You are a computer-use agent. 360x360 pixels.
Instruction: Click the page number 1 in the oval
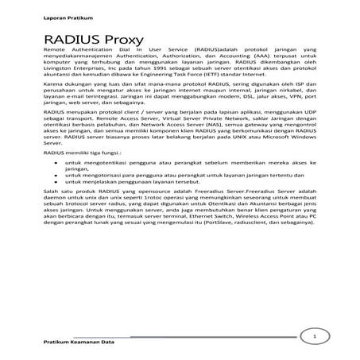315,337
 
